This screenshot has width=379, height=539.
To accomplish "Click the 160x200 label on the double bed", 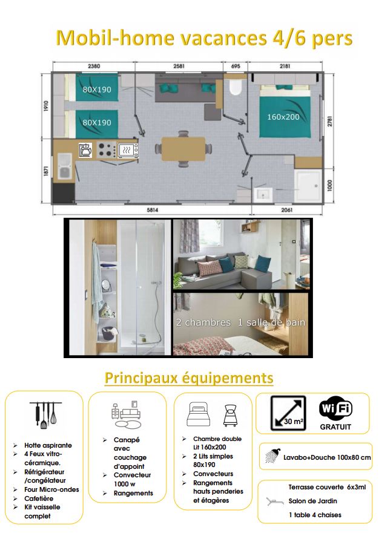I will coord(283,117).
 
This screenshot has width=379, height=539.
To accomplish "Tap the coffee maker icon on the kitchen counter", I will coord(85,149).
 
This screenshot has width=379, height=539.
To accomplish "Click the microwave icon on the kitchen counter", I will coord(127,149).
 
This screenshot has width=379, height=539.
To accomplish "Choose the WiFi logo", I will coord(335,409).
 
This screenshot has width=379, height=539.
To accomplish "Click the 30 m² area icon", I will coord(288,413).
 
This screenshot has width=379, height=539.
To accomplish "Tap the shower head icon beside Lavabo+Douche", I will coord(272,458).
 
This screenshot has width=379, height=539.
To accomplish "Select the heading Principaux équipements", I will coord(189,378).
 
